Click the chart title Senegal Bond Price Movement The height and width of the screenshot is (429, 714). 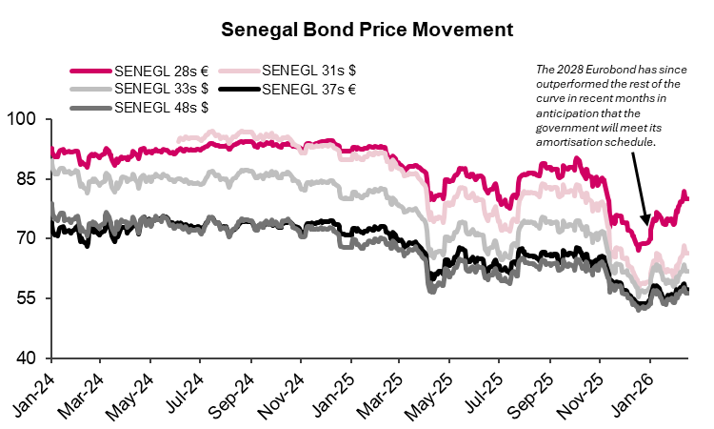(x=367, y=30)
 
